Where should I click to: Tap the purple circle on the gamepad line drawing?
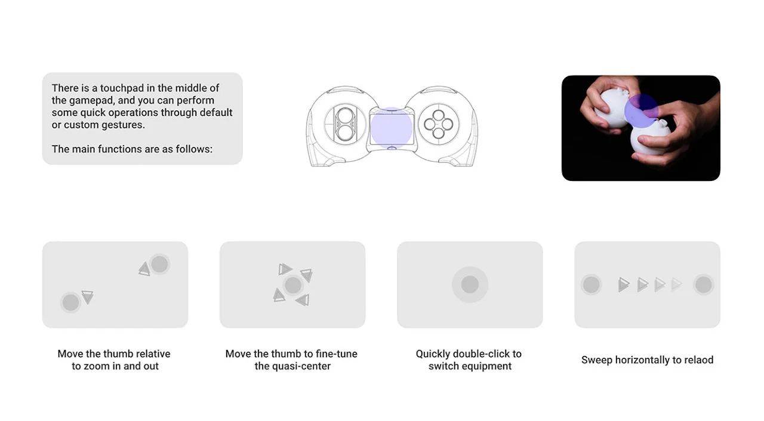click(391, 127)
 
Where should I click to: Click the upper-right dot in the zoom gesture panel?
click(159, 263)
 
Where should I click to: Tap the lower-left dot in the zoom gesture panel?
click(70, 302)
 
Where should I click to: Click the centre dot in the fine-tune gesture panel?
click(292, 285)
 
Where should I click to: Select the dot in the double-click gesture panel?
click(470, 284)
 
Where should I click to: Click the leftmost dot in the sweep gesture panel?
click(591, 284)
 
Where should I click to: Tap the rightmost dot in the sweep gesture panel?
click(703, 284)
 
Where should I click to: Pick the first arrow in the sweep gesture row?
click(624, 284)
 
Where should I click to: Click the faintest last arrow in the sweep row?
click(676, 284)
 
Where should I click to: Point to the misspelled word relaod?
click(697, 360)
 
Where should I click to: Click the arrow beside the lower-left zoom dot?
click(87, 297)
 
